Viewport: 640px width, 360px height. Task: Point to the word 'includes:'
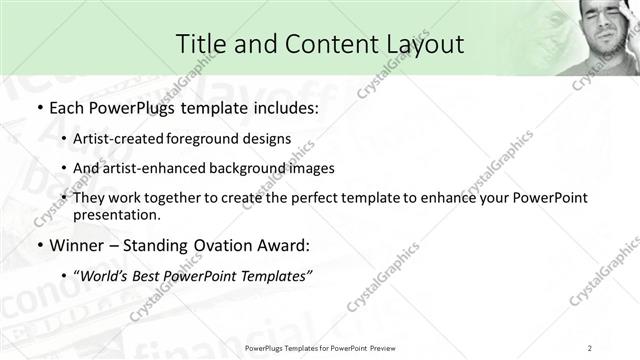[x=282, y=106]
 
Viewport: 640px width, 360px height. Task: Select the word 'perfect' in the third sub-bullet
[x=316, y=198]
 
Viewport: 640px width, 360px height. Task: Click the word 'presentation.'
[x=117, y=215]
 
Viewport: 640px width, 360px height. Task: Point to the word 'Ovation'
[x=220, y=244]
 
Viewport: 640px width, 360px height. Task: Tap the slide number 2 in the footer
[x=590, y=347]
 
